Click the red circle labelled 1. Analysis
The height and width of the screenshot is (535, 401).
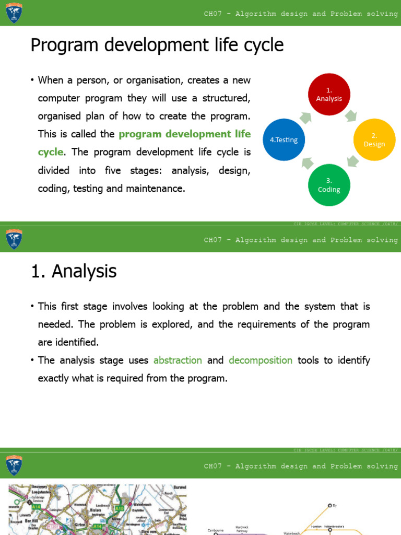328,95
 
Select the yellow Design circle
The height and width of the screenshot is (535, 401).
374,140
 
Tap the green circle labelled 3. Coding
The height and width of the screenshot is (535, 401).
329,185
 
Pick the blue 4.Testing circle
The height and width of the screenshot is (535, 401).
284,140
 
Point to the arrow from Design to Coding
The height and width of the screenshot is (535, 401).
353,161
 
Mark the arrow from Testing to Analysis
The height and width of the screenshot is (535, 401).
305,117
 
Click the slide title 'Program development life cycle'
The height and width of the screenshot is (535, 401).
157,45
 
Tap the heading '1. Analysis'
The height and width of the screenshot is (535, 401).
73,271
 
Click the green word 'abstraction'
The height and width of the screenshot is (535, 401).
178,360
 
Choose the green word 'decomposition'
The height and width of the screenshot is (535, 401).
261,360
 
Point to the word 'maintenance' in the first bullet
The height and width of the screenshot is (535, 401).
158,188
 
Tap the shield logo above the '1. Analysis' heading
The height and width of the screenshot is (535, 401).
14,239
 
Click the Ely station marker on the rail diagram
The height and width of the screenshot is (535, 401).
329,506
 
